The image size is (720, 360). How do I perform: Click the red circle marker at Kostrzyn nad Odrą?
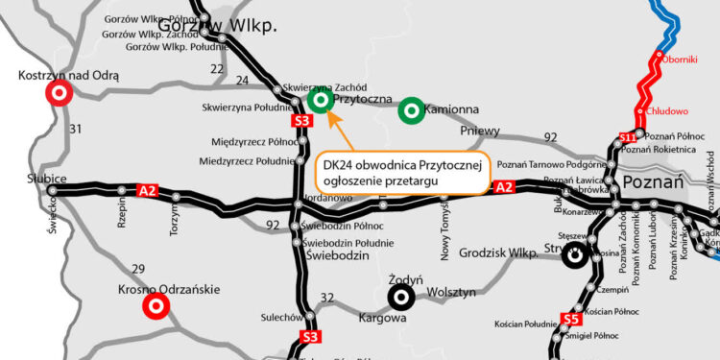(58, 93)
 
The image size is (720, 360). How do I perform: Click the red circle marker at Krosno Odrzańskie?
(156, 306)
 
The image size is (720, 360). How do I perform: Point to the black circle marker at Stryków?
(574, 255)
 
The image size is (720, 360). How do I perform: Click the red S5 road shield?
(571, 319)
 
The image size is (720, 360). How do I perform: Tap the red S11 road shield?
(628, 138)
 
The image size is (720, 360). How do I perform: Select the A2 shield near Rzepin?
(148, 190)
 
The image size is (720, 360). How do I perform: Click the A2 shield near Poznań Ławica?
(505, 188)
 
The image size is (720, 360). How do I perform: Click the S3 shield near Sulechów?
(309, 337)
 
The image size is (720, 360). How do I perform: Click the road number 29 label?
(138, 269)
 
